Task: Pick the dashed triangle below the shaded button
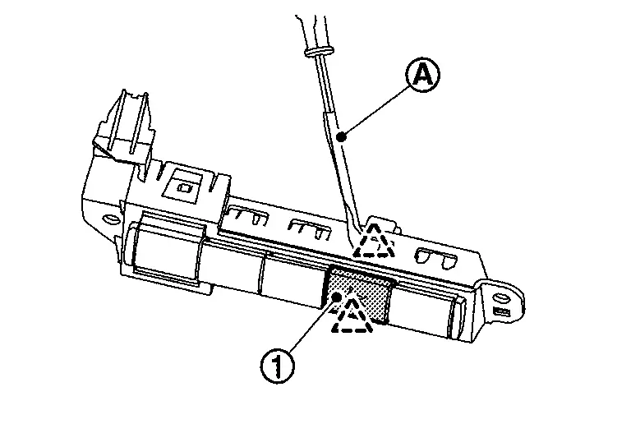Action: click(x=352, y=316)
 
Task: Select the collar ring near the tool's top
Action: click(x=316, y=52)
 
